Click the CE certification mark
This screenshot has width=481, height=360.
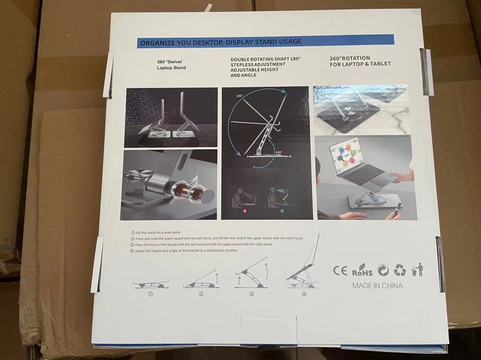pos(340,271)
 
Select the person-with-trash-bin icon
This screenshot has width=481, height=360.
pos(417,270)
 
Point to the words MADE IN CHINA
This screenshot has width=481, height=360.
pos(378,286)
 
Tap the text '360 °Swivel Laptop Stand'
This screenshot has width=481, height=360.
pos(171,65)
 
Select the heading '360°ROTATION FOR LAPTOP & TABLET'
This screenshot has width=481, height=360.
pos(360,61)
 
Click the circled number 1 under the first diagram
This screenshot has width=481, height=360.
pos(151,294)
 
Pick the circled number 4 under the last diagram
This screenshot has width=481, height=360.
pos(304,294)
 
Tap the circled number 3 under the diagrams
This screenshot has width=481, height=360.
pos(251,294)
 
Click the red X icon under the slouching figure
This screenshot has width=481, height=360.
pos(245,211)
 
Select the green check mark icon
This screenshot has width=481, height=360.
pos(282,211)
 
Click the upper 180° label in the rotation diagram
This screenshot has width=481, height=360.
pos(239,96)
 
